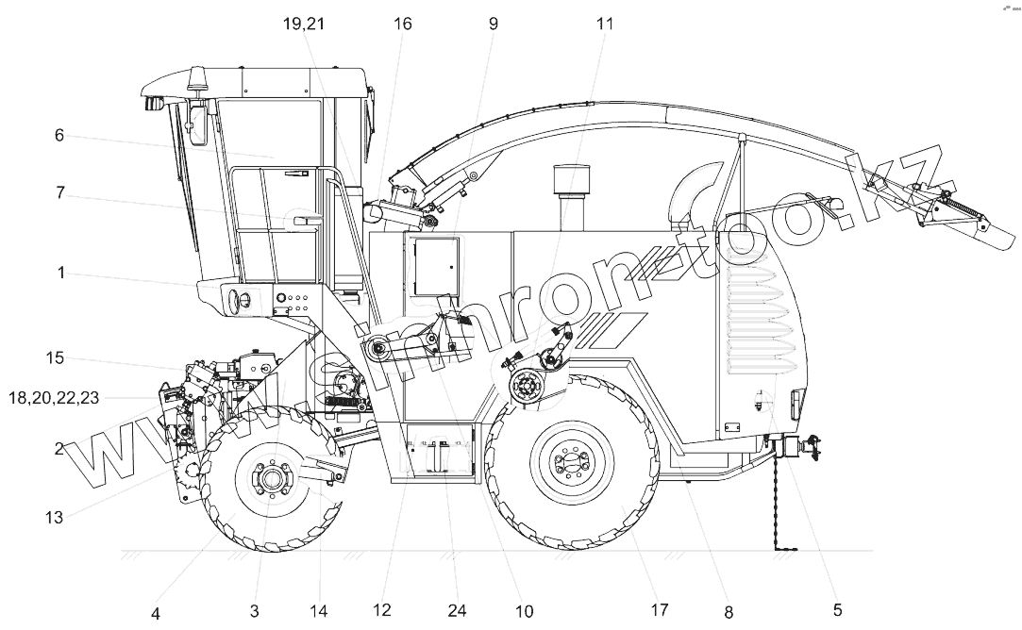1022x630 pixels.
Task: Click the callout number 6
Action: (x=59, y=136)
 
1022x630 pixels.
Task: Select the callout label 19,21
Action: (x=304, y=25)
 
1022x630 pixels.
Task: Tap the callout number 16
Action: (x=403, y=25)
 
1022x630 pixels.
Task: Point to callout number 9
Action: (x=493, y=25)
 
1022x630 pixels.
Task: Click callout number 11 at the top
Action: (x=604, y=25)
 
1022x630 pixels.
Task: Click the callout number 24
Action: (x=457, y=610)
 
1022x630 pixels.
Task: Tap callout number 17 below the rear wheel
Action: (x=660, y=610)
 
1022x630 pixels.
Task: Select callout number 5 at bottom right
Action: (x=837, y=610)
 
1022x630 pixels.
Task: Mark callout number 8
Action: (x=728, y=610)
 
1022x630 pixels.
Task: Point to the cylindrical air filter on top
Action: (x=569, y=178)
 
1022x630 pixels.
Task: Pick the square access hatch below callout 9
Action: (x=431, y=267)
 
